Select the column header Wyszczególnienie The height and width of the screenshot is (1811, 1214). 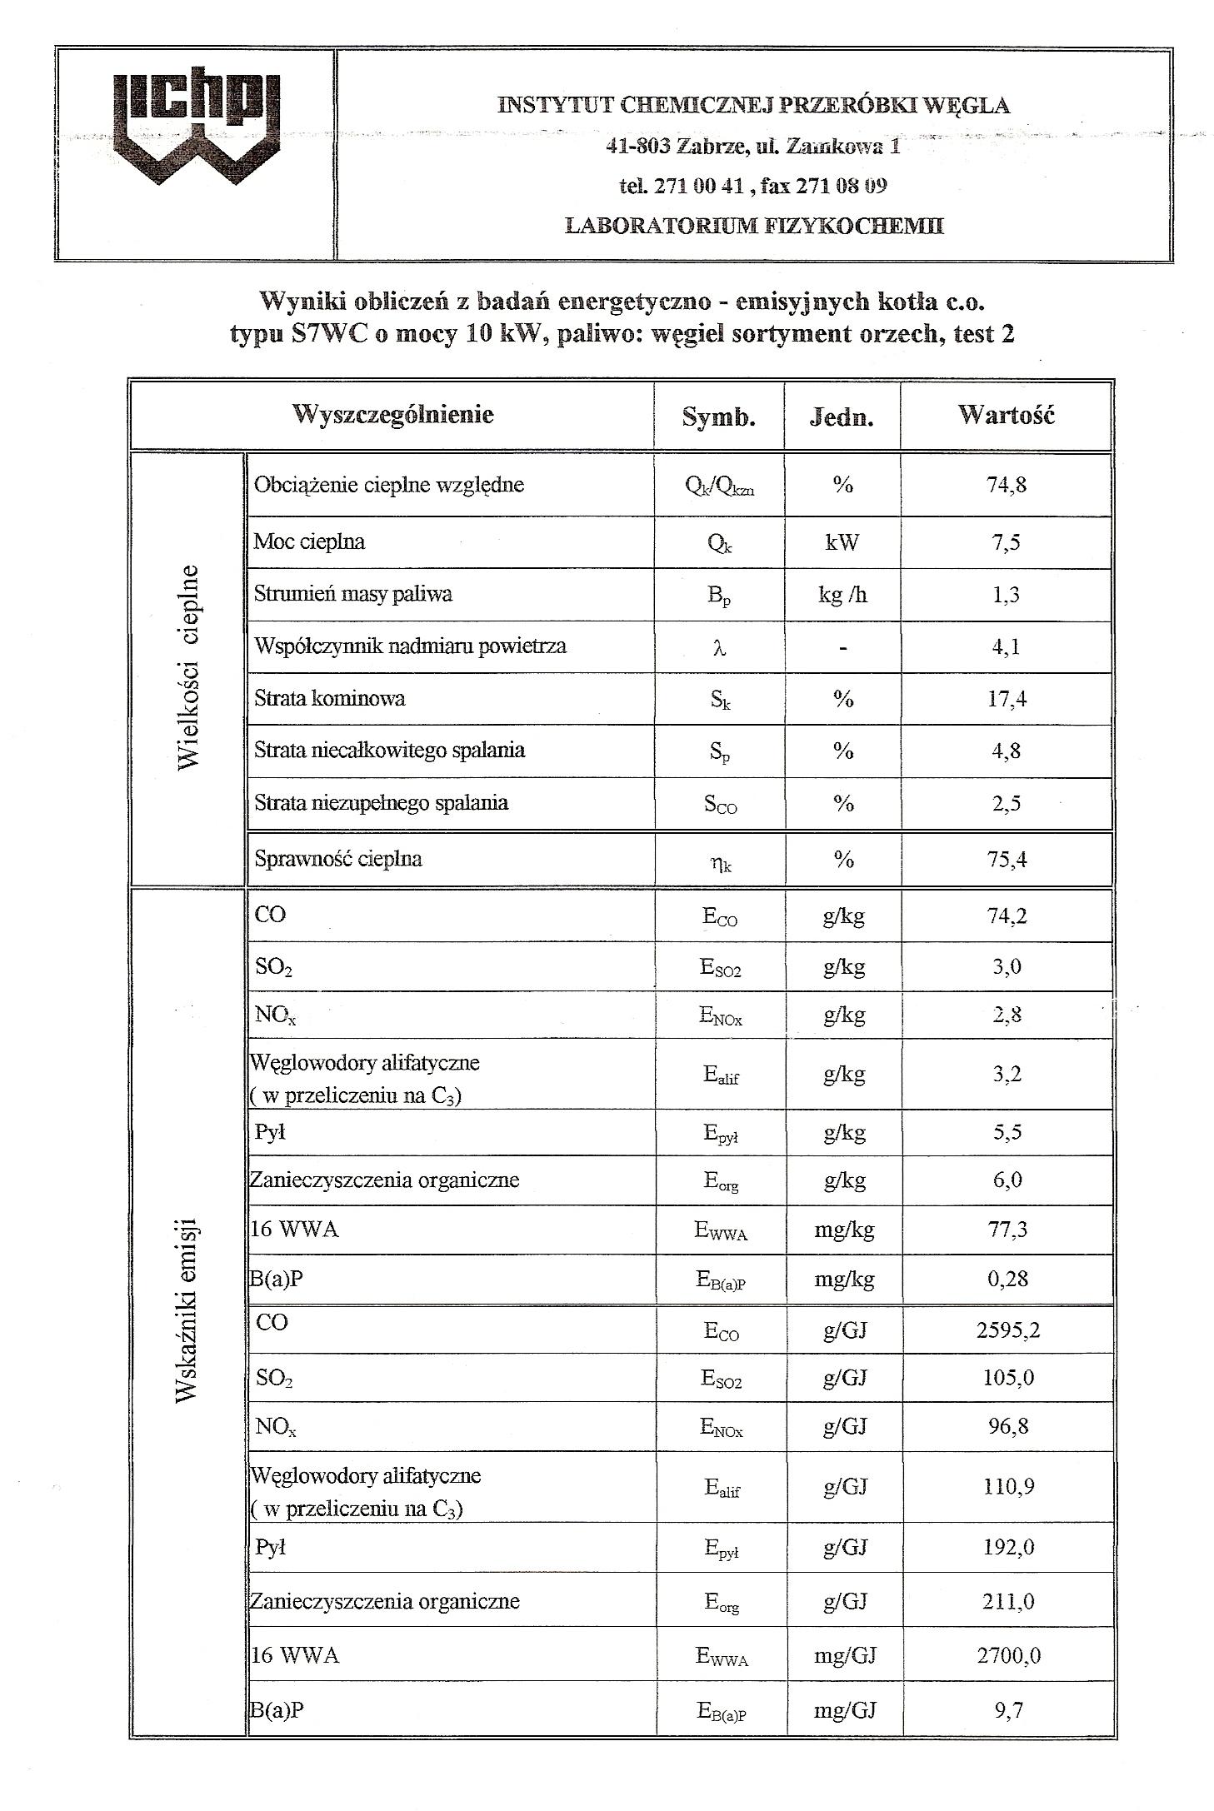392,414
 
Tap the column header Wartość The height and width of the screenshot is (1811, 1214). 1006,414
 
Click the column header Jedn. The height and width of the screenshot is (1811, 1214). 842,417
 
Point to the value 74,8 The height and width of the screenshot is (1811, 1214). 1007,485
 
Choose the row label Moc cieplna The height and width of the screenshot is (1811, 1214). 309,541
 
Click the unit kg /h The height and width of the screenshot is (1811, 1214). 842,595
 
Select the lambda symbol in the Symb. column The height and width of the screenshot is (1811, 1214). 720,647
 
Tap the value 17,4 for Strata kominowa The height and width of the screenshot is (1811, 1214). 1007,698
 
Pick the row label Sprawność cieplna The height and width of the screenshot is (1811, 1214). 338,859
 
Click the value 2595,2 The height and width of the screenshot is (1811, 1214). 1007,1330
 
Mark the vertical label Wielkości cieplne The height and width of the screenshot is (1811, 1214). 188,667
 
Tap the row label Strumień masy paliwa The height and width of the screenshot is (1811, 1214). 353,594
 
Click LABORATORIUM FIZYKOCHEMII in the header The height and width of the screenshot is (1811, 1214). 754,226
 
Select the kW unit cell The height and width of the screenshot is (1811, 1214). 842,542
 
